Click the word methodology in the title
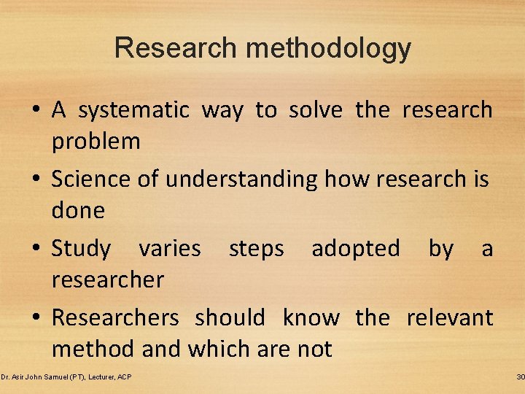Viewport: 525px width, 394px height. (329, 49)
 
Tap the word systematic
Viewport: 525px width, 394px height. (133, 110)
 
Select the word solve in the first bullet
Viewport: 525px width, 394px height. (315, 110)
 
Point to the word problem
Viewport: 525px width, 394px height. (96, 142)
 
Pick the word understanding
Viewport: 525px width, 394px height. (241, 179)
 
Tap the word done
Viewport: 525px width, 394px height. (78, 211)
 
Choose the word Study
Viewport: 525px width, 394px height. (81, 249)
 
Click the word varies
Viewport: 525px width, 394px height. (169, 249)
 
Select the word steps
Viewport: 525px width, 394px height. (256, 249)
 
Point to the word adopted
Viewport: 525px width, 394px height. (356, 249)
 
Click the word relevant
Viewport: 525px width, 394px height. (449, 318)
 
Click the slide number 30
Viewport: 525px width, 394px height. (519, 376)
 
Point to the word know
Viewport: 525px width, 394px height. (311, 318)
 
